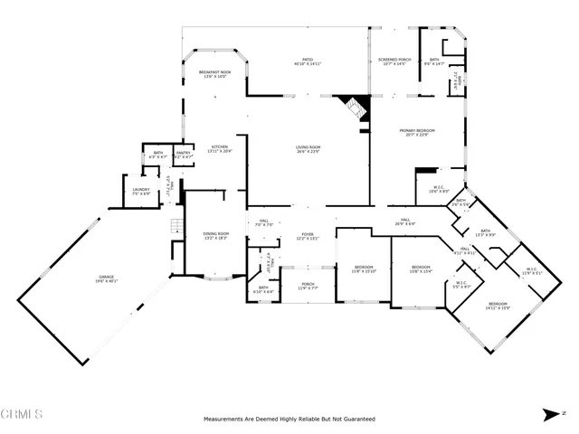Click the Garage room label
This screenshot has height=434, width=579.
point(109,280)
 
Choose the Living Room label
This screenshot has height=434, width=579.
point(308,149)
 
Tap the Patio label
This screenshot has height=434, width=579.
point(307,62)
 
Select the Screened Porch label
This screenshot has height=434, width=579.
point(394,62)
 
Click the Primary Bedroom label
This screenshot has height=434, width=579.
point(419,133)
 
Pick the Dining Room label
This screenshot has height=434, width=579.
point(215,237)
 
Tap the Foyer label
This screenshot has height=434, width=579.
point(307,237)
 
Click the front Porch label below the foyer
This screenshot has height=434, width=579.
point(307,287)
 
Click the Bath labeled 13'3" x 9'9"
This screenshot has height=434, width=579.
point(485,233)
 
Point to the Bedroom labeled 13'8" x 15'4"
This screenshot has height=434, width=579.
point(421,269)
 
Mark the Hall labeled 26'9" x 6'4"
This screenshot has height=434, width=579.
point(406,222)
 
